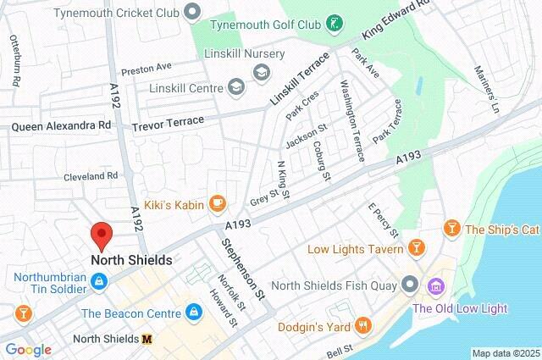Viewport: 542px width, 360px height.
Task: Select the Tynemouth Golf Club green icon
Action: (x=336, y=23)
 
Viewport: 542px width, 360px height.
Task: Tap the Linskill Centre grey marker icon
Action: (x=235, y=87)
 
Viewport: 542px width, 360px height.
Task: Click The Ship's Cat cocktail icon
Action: (x=452, y=229)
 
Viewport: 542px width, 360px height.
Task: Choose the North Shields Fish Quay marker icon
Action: (x=410, y=284)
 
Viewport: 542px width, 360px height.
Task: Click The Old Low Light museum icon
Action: (x=437, y=286)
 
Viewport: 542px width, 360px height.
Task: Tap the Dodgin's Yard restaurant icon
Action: (x=363, y=325)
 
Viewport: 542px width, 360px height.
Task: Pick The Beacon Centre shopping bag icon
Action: (x=195, y=313)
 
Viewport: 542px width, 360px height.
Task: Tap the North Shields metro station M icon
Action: (x=147, y=339)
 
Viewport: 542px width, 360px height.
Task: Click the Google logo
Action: (x=28, y=349)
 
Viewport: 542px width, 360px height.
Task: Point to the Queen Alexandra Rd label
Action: (x=61, y=125)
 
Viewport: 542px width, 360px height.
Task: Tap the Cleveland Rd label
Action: (x=91, y=176)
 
